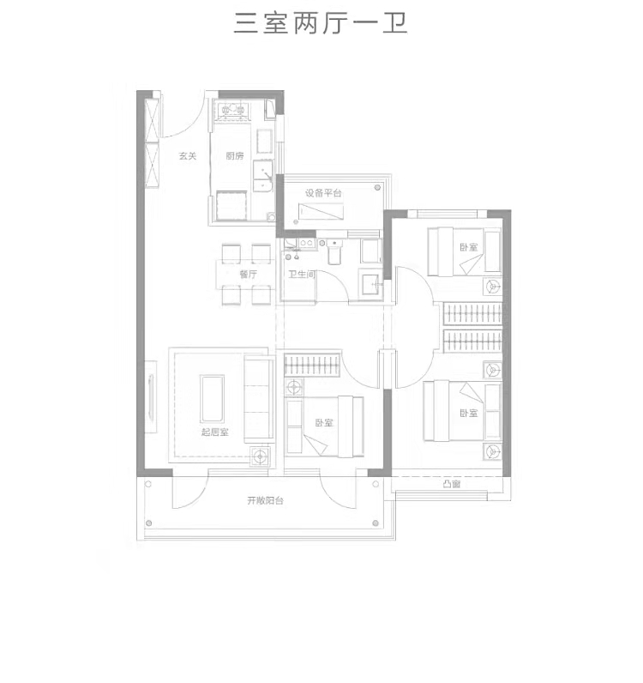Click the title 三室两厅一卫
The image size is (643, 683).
tap(321, 23)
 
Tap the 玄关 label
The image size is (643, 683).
tap(188, 156)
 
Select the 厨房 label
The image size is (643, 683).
tap(235, 156)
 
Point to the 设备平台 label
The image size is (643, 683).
tap(323, 193)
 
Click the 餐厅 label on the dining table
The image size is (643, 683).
tap(248, 274)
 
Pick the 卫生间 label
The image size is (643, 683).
tap(302, 275)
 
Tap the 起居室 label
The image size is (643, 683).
tap(214, 432)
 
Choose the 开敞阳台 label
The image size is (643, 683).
tap(266, 500)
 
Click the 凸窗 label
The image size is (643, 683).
tap(452, 484)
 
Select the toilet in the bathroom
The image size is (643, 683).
tap(334, 252)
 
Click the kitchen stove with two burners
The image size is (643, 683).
tap(232, 110)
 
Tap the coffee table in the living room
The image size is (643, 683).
tap(213, 399)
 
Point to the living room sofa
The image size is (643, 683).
tap(259, 399)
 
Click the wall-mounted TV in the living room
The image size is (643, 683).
tap(151, 396)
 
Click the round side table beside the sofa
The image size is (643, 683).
tap(261, 456)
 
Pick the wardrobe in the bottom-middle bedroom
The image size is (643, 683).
tap(312, 364)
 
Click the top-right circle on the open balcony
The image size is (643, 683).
tap(376, 484)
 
